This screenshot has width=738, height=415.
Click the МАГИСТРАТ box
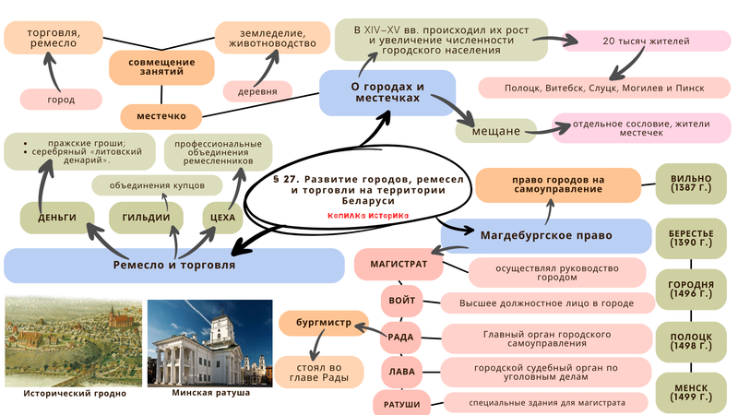[x=399, y=264]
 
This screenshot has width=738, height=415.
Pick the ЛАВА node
[x=402, y=371]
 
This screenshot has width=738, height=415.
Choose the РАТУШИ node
[x=402, y=403]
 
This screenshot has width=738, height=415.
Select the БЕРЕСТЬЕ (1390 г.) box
[x=691, y=241]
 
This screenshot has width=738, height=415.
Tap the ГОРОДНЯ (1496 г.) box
[x=691, y=290]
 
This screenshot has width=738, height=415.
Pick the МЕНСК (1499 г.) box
[x=691, y=391]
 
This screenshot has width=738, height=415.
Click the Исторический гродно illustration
[x=73, y=342]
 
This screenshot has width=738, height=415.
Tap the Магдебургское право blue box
[x=545, y=235]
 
